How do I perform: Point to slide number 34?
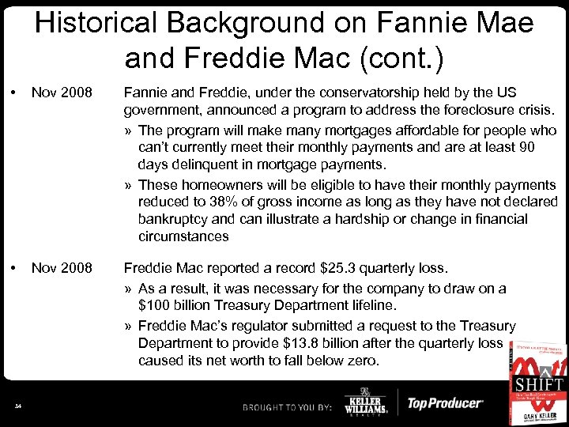(17, 406)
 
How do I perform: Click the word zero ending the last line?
(361, 361)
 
